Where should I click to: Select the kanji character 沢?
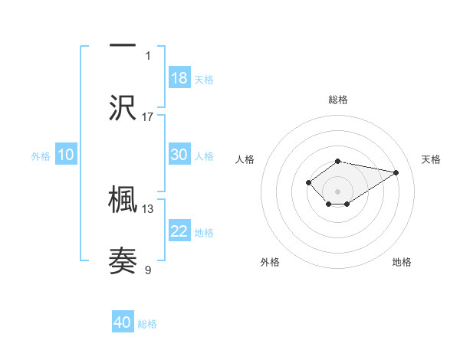point(123,106)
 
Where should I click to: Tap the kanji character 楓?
point(123,199)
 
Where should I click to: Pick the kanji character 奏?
point(123,260)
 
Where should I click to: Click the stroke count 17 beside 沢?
point(148,116)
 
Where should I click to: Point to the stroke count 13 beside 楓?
point(148,208)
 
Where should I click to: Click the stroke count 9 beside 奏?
point(148,270)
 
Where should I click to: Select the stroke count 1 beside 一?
point(148,55)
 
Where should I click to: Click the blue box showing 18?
point(179,78)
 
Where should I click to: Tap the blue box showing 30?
point(179,155)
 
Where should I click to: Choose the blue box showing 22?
point(179,231)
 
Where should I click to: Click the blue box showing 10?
point(66,155)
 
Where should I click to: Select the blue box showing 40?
point(123,322)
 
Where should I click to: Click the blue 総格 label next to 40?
point(147,324)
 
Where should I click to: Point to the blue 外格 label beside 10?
point(41,156)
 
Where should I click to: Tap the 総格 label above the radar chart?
point(338,100)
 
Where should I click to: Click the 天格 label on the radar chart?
point(432,159)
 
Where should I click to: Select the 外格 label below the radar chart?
point(270,262)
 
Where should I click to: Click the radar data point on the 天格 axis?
point(396,172)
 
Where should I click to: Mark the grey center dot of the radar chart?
point(338,191)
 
